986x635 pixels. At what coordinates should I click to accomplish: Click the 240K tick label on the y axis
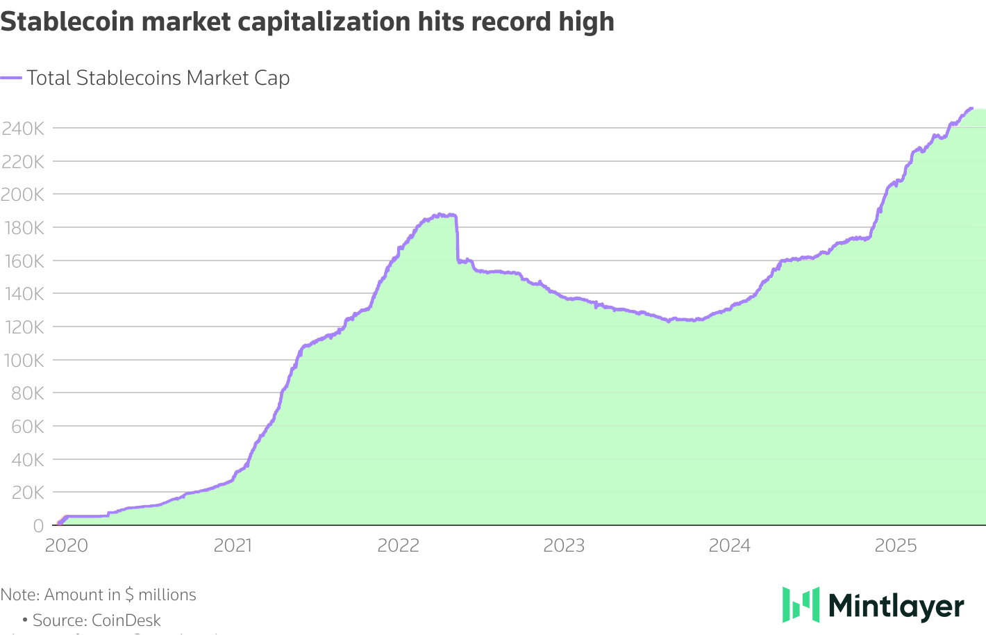point(22,129)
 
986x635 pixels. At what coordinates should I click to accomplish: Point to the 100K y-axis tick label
point(22,361)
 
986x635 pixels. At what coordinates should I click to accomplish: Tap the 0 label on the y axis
point(38,526)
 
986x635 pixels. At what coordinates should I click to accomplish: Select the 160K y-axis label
point(22,261)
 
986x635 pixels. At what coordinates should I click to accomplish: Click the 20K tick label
point(26,493)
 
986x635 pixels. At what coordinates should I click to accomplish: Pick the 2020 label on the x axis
point(67,545)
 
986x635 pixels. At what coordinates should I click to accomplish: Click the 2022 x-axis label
point(399,545)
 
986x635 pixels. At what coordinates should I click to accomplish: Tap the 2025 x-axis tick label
point(896,545)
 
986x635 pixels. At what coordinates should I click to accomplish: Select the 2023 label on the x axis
point(564,545)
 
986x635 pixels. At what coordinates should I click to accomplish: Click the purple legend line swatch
point(11,78)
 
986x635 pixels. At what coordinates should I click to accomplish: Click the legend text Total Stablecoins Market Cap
point(158,78)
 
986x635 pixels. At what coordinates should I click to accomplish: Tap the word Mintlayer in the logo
point(896,606)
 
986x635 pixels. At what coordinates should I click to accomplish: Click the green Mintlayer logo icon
point(801,604)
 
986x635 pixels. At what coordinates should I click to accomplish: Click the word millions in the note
point(167,595)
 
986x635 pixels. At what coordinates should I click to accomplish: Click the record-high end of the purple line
point(971,108)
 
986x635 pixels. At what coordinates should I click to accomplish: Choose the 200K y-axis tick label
point(22,195)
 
